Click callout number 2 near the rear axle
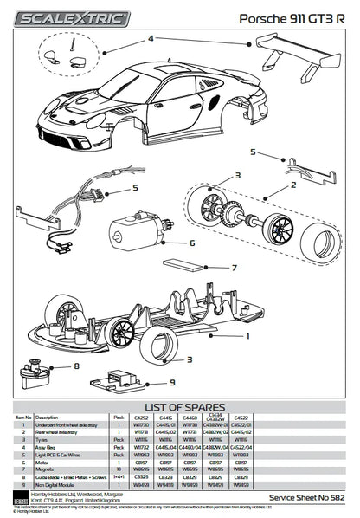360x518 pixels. coord(293,185)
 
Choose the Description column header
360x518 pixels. coord(47,417)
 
